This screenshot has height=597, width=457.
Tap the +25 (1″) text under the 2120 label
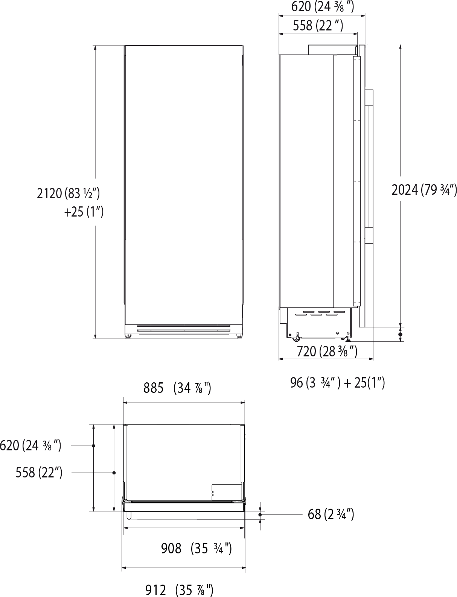(x=83, y=212)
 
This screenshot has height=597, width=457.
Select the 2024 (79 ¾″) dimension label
(x=424, y=190)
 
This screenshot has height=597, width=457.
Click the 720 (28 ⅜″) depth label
(x=327, y=352)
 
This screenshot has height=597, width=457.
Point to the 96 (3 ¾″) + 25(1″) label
(x=337, y=383)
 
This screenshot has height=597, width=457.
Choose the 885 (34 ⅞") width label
(x=177, y=388)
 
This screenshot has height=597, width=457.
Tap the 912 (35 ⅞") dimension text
(x=180, y=590)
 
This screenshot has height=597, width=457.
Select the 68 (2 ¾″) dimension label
(x=331, y=514)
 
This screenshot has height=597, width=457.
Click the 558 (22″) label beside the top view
(x=39, y=473)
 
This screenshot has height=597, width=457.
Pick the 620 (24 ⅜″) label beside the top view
(x=30, y=445)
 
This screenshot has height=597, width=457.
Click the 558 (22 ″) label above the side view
(x=318, y=26)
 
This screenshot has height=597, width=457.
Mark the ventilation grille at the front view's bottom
(x=184, y=328)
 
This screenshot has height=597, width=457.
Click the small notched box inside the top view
(x=226, y=491)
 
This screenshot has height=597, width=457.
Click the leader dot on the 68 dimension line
(x=260, y=514)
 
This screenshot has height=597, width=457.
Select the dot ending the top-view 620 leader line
(x=93, y=445)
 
